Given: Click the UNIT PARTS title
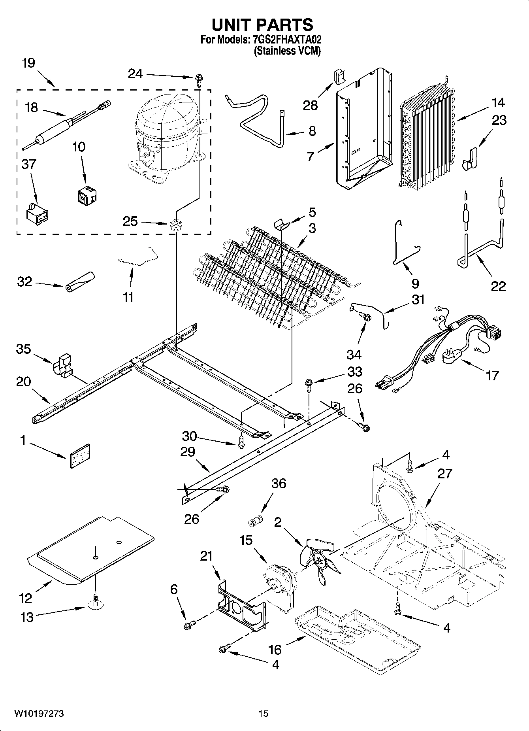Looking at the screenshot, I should pos(262,25).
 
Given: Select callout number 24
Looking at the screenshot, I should pos(135,74).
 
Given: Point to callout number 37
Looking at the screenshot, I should pos(29,164).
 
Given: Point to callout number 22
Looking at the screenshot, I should pos(498,286).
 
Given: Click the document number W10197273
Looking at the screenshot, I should pos(39,714).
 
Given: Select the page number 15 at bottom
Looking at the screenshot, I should pos(264,714).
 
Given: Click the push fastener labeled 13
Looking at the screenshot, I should pos(95,601).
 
